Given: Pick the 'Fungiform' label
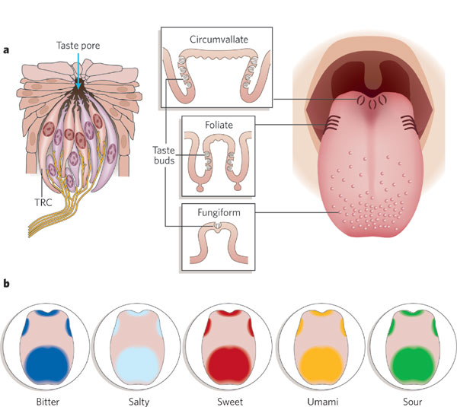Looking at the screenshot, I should pos(217,214).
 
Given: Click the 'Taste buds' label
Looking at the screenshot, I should pos(164,157).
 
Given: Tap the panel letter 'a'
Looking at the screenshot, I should pos(7,50).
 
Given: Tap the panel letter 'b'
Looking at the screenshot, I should pos(7,284).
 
